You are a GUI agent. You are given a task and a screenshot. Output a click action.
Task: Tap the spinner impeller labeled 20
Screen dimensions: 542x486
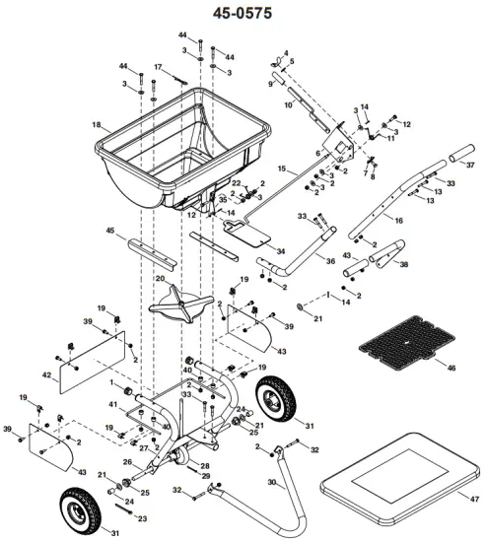click(177, 302)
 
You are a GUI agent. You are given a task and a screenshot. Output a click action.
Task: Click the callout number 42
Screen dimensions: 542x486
click(47, 375)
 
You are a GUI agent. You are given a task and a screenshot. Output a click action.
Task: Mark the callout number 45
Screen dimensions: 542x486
click(109, 232)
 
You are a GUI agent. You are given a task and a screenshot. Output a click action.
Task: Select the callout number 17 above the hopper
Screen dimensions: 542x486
click(157, 67)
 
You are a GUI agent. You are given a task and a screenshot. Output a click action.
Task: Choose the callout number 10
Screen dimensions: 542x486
click(287, 103)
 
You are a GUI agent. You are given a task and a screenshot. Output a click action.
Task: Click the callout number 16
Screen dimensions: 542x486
click(398, 223)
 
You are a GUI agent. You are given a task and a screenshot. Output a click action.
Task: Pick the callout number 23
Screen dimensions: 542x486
click(141, 518)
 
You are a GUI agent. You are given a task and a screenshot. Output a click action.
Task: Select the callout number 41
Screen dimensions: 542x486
click(112, 405)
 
